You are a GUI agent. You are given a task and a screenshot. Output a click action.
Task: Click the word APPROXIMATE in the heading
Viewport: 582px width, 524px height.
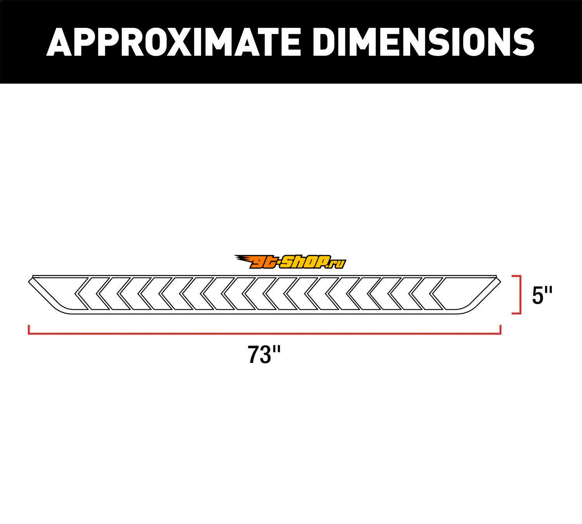click(173, 42)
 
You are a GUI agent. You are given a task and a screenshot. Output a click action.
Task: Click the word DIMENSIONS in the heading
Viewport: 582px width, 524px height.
click(424, 42)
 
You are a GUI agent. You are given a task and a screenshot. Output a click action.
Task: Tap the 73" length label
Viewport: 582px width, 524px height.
click(264, 354)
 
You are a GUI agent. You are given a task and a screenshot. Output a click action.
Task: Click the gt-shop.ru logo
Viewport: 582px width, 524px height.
click(290, 262)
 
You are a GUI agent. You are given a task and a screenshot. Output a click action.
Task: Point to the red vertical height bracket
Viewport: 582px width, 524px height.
click(520, 294)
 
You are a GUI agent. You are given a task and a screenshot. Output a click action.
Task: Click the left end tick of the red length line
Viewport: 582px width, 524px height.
click(29, 330)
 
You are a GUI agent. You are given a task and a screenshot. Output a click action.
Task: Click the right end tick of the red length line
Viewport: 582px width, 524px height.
click(501, 330)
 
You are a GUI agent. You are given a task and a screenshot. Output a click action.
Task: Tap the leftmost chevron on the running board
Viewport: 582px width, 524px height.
click(81, 293)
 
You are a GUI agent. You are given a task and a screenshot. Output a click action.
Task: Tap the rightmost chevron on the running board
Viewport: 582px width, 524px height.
click(437, 293)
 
